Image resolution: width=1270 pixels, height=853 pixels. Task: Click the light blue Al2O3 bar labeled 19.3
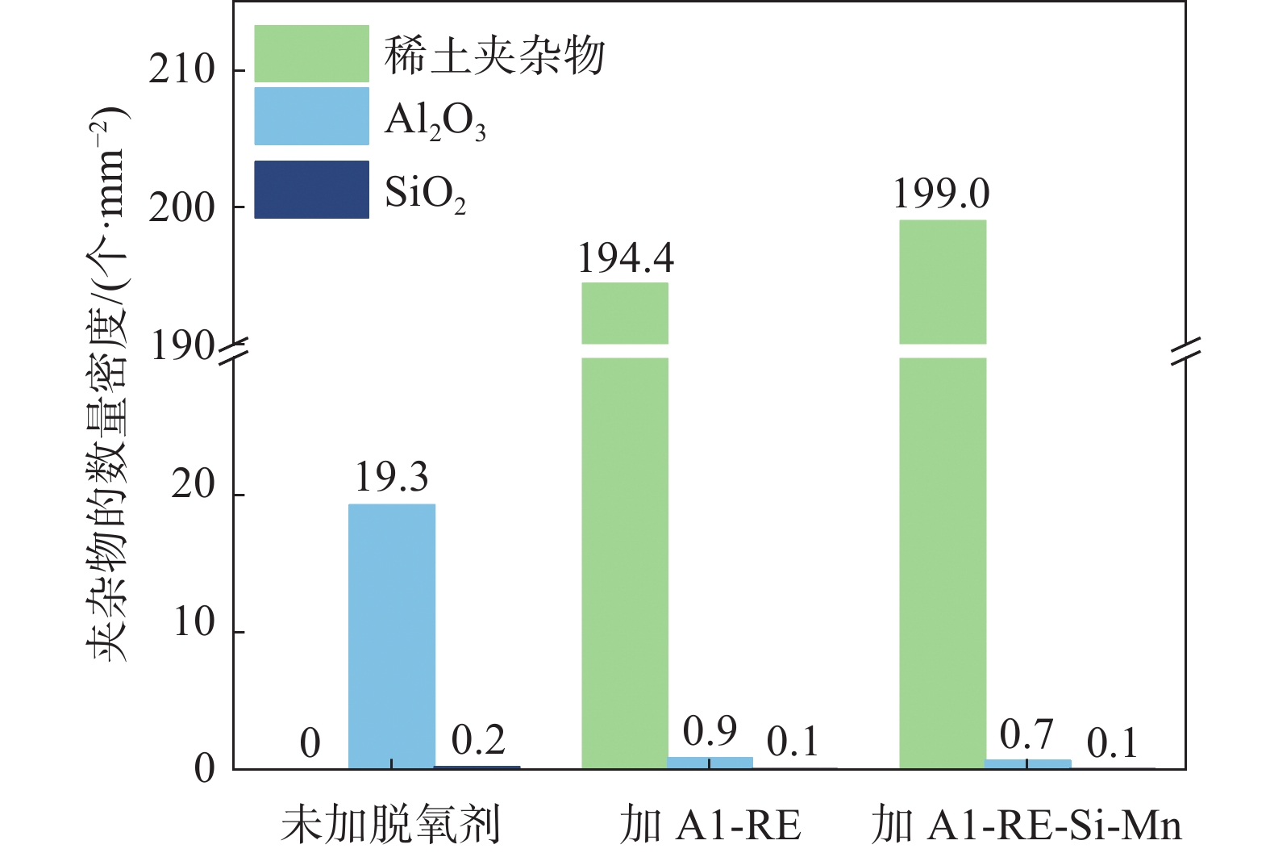[392, 636]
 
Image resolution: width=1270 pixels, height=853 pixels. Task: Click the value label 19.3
[392, 477]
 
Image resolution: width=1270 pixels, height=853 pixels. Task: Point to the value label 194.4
[626, 258]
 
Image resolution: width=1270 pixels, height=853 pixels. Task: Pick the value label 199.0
[941, 194]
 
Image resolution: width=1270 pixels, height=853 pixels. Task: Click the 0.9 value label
[710, 731]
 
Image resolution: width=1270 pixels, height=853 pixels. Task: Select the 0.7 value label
[1026, 734]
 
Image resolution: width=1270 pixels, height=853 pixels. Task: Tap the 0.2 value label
[478, 740]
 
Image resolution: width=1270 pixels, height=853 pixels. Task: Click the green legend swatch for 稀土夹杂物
[311, 54]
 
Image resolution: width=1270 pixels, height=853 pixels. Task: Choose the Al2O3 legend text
[435, 122]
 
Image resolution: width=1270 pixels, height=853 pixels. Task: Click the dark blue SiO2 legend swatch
[311, 190]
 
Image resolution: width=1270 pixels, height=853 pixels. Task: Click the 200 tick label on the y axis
[182, 208]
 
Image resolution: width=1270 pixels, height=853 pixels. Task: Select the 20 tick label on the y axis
[194, 485]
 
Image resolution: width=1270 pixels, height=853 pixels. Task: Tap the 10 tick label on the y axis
[194, 623]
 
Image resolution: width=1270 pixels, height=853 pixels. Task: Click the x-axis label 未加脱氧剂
[391, 824]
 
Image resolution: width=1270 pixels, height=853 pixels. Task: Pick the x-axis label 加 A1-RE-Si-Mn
[1026, 825]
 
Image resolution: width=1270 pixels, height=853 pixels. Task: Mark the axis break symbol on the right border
[1185, 350]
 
